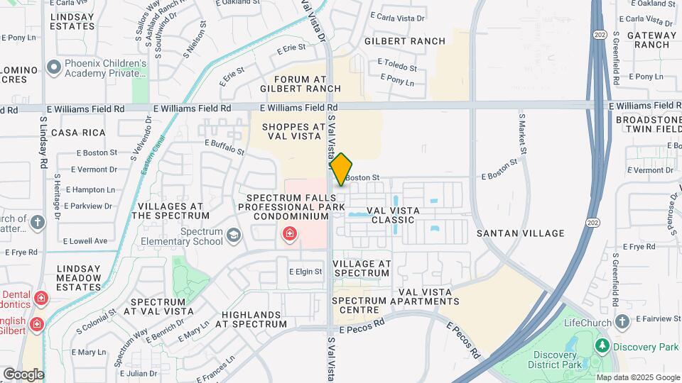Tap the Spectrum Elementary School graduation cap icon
tap(234, 235)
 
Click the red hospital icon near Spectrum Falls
tap(290, 233)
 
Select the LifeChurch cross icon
tap(623, 323)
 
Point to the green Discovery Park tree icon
tap(602, 346)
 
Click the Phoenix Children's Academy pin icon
tap(53, 68)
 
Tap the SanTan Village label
tap(521, 233)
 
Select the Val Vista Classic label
tap(393, 215)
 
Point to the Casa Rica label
tap(78, 133)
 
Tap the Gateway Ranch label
tap(646, 39)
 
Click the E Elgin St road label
tap(305, 272)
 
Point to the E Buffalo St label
tap(224, 147)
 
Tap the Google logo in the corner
tap(23, 374)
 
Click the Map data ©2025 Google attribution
tap(638, 377)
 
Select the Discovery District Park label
tap(556, 359)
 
